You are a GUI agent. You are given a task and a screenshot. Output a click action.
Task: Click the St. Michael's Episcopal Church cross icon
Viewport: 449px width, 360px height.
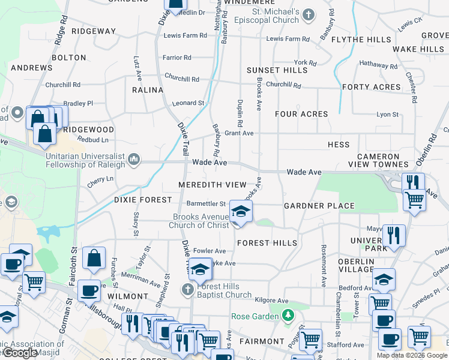(x=308, y=15)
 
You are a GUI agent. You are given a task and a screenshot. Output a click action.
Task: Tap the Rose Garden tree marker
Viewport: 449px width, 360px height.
(x=289, y=315)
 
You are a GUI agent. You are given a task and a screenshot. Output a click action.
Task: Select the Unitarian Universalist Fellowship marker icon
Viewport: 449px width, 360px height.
(x=134, y=160)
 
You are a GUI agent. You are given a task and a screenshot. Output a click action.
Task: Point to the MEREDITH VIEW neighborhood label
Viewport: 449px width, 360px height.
(x=212, y=185)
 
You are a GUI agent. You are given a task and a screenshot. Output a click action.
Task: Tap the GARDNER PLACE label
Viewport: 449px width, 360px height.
(x=319, y=206)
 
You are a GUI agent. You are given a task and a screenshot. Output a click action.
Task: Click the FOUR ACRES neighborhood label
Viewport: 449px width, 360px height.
(x=301, y=114)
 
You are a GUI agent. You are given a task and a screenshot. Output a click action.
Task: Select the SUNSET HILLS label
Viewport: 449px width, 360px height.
(x=277, y=70)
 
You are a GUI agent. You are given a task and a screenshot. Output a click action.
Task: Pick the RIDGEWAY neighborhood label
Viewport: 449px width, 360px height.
(x=93, y=31)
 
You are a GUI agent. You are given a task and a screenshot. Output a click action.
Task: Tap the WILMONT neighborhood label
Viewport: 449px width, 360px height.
(x=127, y=296)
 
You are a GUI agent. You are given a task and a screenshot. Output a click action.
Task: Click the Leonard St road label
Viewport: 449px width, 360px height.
(x=188, y=103)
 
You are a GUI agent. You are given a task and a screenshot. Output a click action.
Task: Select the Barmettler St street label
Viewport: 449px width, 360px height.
(x=206, y=204)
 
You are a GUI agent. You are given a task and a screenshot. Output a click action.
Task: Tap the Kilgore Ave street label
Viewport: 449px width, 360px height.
(x=271, y=301)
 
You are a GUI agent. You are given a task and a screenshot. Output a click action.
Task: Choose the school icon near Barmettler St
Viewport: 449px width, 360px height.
(x=241, y=212)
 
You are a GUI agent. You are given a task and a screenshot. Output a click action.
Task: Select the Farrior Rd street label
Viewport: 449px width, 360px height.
(x=176, y=58)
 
